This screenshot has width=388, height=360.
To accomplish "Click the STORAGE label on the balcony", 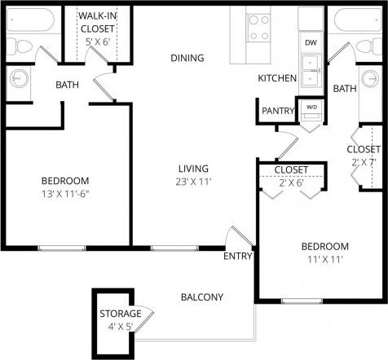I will point(121,314).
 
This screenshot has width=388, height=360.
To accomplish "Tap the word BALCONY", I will point(201,297).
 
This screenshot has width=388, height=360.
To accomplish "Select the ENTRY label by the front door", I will point(237,257).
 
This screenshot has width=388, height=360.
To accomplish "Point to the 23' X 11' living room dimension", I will point(195,182).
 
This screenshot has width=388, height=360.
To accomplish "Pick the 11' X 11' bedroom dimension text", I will point(324,260).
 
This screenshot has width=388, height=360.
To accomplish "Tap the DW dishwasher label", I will point(310,42).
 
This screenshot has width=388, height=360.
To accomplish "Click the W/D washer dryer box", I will point(311,107).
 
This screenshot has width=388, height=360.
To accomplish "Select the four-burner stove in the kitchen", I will point(259,27).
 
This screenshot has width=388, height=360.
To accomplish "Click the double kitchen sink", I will point(311,71).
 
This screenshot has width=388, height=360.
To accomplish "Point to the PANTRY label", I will point(278,111).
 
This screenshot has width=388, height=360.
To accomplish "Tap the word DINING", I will point(187,58).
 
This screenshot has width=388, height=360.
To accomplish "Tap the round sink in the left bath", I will point(18,79).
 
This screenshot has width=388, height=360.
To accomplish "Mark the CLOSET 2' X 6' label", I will point(291,176).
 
